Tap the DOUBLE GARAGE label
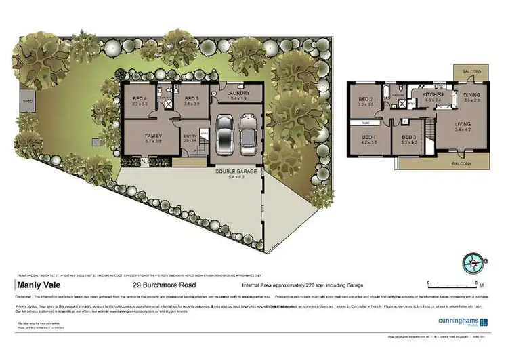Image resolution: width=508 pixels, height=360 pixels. pos(237,172)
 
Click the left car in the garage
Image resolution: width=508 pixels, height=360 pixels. pos(225,135)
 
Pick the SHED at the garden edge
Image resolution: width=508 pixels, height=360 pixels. pos(27,102)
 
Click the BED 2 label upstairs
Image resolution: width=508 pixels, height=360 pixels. pos(366,100)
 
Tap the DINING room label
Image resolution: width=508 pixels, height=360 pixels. pos(471,95)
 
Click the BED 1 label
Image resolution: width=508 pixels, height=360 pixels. pos(368,137)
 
